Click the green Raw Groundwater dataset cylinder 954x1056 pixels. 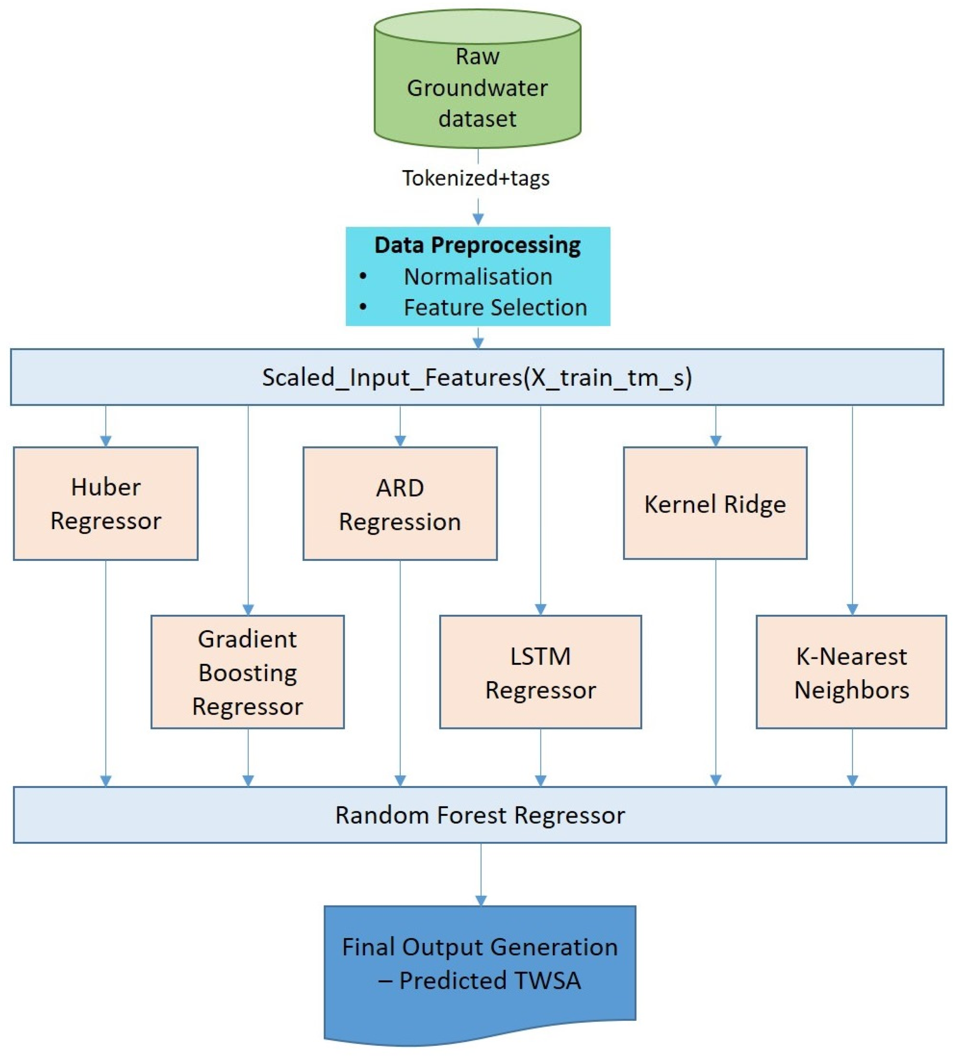[x=477, y=78]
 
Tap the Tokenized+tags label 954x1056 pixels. [x=475, y=178]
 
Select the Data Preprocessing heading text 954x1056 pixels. [x=477, y=245]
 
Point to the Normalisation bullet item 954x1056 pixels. [x=477, y=276]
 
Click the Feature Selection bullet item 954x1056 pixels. [x=495, y=307]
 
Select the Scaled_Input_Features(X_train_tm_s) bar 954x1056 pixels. [x=477, y=377]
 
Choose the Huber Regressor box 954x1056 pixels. [x=105, y=503]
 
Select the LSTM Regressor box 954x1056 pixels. [x=540, y=672]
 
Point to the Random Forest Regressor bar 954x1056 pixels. [x=479, y=815]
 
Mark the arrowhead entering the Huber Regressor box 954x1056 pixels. [x=106, y=441]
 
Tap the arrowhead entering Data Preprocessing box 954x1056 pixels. [x=477, y=219]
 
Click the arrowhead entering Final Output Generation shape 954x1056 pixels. [x=481, y=900]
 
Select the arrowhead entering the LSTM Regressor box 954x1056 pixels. [x=540, y=609]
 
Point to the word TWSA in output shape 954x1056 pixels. [x=547, y=980]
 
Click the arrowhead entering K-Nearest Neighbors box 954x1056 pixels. [x=852, y=609]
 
